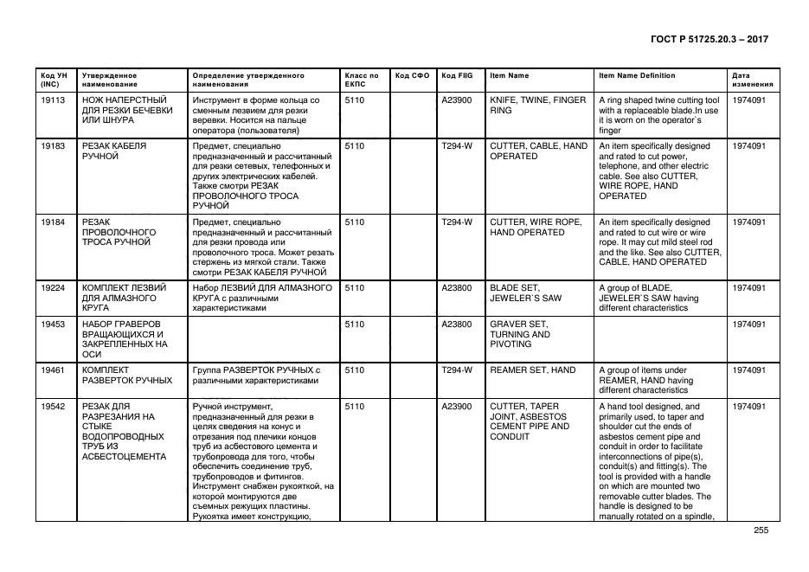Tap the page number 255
click(761, 530)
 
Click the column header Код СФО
click(412, 75)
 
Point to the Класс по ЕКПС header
click(362, 80)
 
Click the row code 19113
click(54, 100)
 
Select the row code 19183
click(54, 146)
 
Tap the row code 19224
click(54, 287)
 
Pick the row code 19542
click(54, 406)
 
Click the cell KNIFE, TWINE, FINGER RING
click(537, 106)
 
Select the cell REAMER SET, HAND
click(532, 370)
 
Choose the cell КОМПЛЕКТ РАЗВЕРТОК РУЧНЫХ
click(126, 375)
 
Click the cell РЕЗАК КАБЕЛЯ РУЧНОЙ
click(113, 151)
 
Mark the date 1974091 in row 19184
click(748, 222)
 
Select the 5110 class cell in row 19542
click(355, 406)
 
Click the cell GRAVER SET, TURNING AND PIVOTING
click(520, 334)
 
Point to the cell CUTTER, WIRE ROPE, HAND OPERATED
click(536, 228)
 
